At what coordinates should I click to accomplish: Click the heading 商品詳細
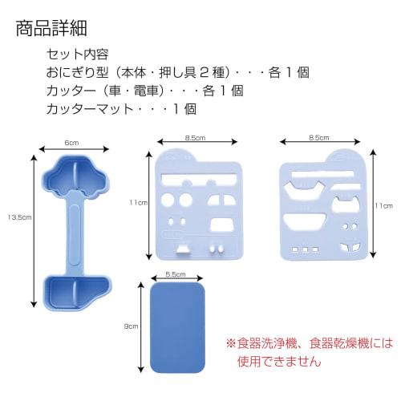tap(50, 29)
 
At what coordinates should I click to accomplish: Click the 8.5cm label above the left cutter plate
tap(193, 137)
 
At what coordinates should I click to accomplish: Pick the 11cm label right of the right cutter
tap(384, 205)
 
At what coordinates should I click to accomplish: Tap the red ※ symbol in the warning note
tap(232, 342)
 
